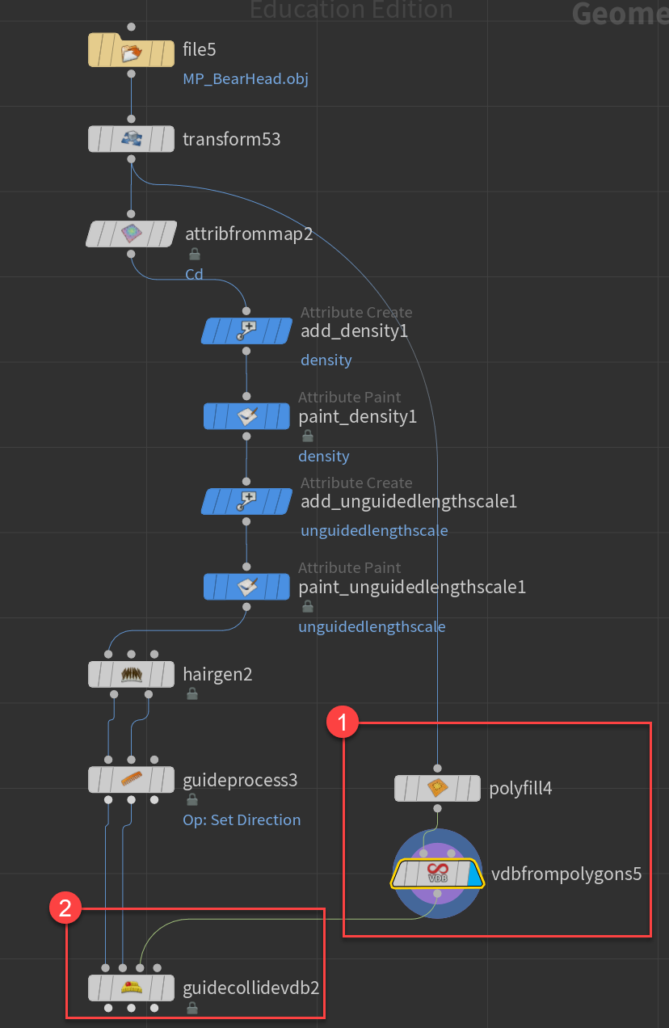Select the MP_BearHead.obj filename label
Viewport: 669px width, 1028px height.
pos(246,79)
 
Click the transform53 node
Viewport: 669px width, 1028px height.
pos(131,139)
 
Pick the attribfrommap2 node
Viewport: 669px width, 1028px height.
pos(131,234)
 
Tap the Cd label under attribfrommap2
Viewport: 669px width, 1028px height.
pos(195,274)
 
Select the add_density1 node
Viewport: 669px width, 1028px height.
pos(246,331)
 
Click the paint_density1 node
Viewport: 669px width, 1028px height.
pos(246,416)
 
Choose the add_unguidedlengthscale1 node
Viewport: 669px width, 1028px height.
pos(246,501)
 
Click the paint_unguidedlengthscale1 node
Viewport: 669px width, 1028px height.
pos(246,587)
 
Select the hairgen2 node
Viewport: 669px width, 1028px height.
pos(131,673)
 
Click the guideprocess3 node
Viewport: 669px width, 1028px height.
pos(131,779)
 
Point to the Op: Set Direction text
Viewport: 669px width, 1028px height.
pos(242,819)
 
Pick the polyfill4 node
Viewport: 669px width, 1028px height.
pos(437,788)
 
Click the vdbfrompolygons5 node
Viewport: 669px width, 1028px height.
pos(437,874)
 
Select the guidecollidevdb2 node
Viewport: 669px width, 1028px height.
pos(131,987)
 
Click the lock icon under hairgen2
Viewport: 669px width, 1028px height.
pos(192,693)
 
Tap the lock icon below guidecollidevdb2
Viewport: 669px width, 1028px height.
pos(192,1008)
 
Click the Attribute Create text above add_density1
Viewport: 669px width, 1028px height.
pos(356,312)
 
